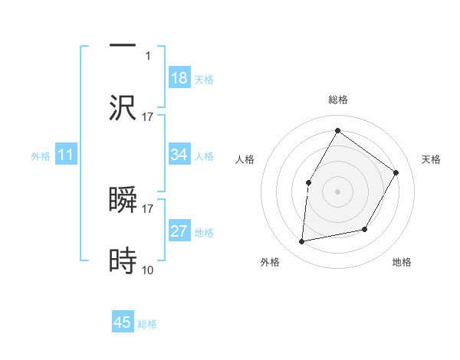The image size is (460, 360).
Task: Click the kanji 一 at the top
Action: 123,45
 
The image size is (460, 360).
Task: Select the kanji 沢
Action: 123,107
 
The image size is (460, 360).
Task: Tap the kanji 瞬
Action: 123,200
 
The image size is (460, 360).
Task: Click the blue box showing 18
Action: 179,78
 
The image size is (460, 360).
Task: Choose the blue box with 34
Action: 179,155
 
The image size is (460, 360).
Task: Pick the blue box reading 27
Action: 179,231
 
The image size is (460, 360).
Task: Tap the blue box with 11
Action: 66,155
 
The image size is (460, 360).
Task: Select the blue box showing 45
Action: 123,322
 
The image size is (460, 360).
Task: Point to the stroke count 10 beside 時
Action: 148,270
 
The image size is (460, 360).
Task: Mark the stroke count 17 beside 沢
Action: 148,116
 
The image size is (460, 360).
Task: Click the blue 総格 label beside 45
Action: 147,324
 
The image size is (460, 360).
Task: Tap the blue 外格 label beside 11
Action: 41,156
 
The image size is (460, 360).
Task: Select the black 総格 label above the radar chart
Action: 337,100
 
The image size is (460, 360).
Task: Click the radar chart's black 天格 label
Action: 432,159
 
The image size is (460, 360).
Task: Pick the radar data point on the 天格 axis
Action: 396,172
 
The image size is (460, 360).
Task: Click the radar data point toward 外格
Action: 302,242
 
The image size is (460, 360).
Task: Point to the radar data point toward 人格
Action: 308,182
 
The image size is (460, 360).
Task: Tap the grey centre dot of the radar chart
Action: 337,191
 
